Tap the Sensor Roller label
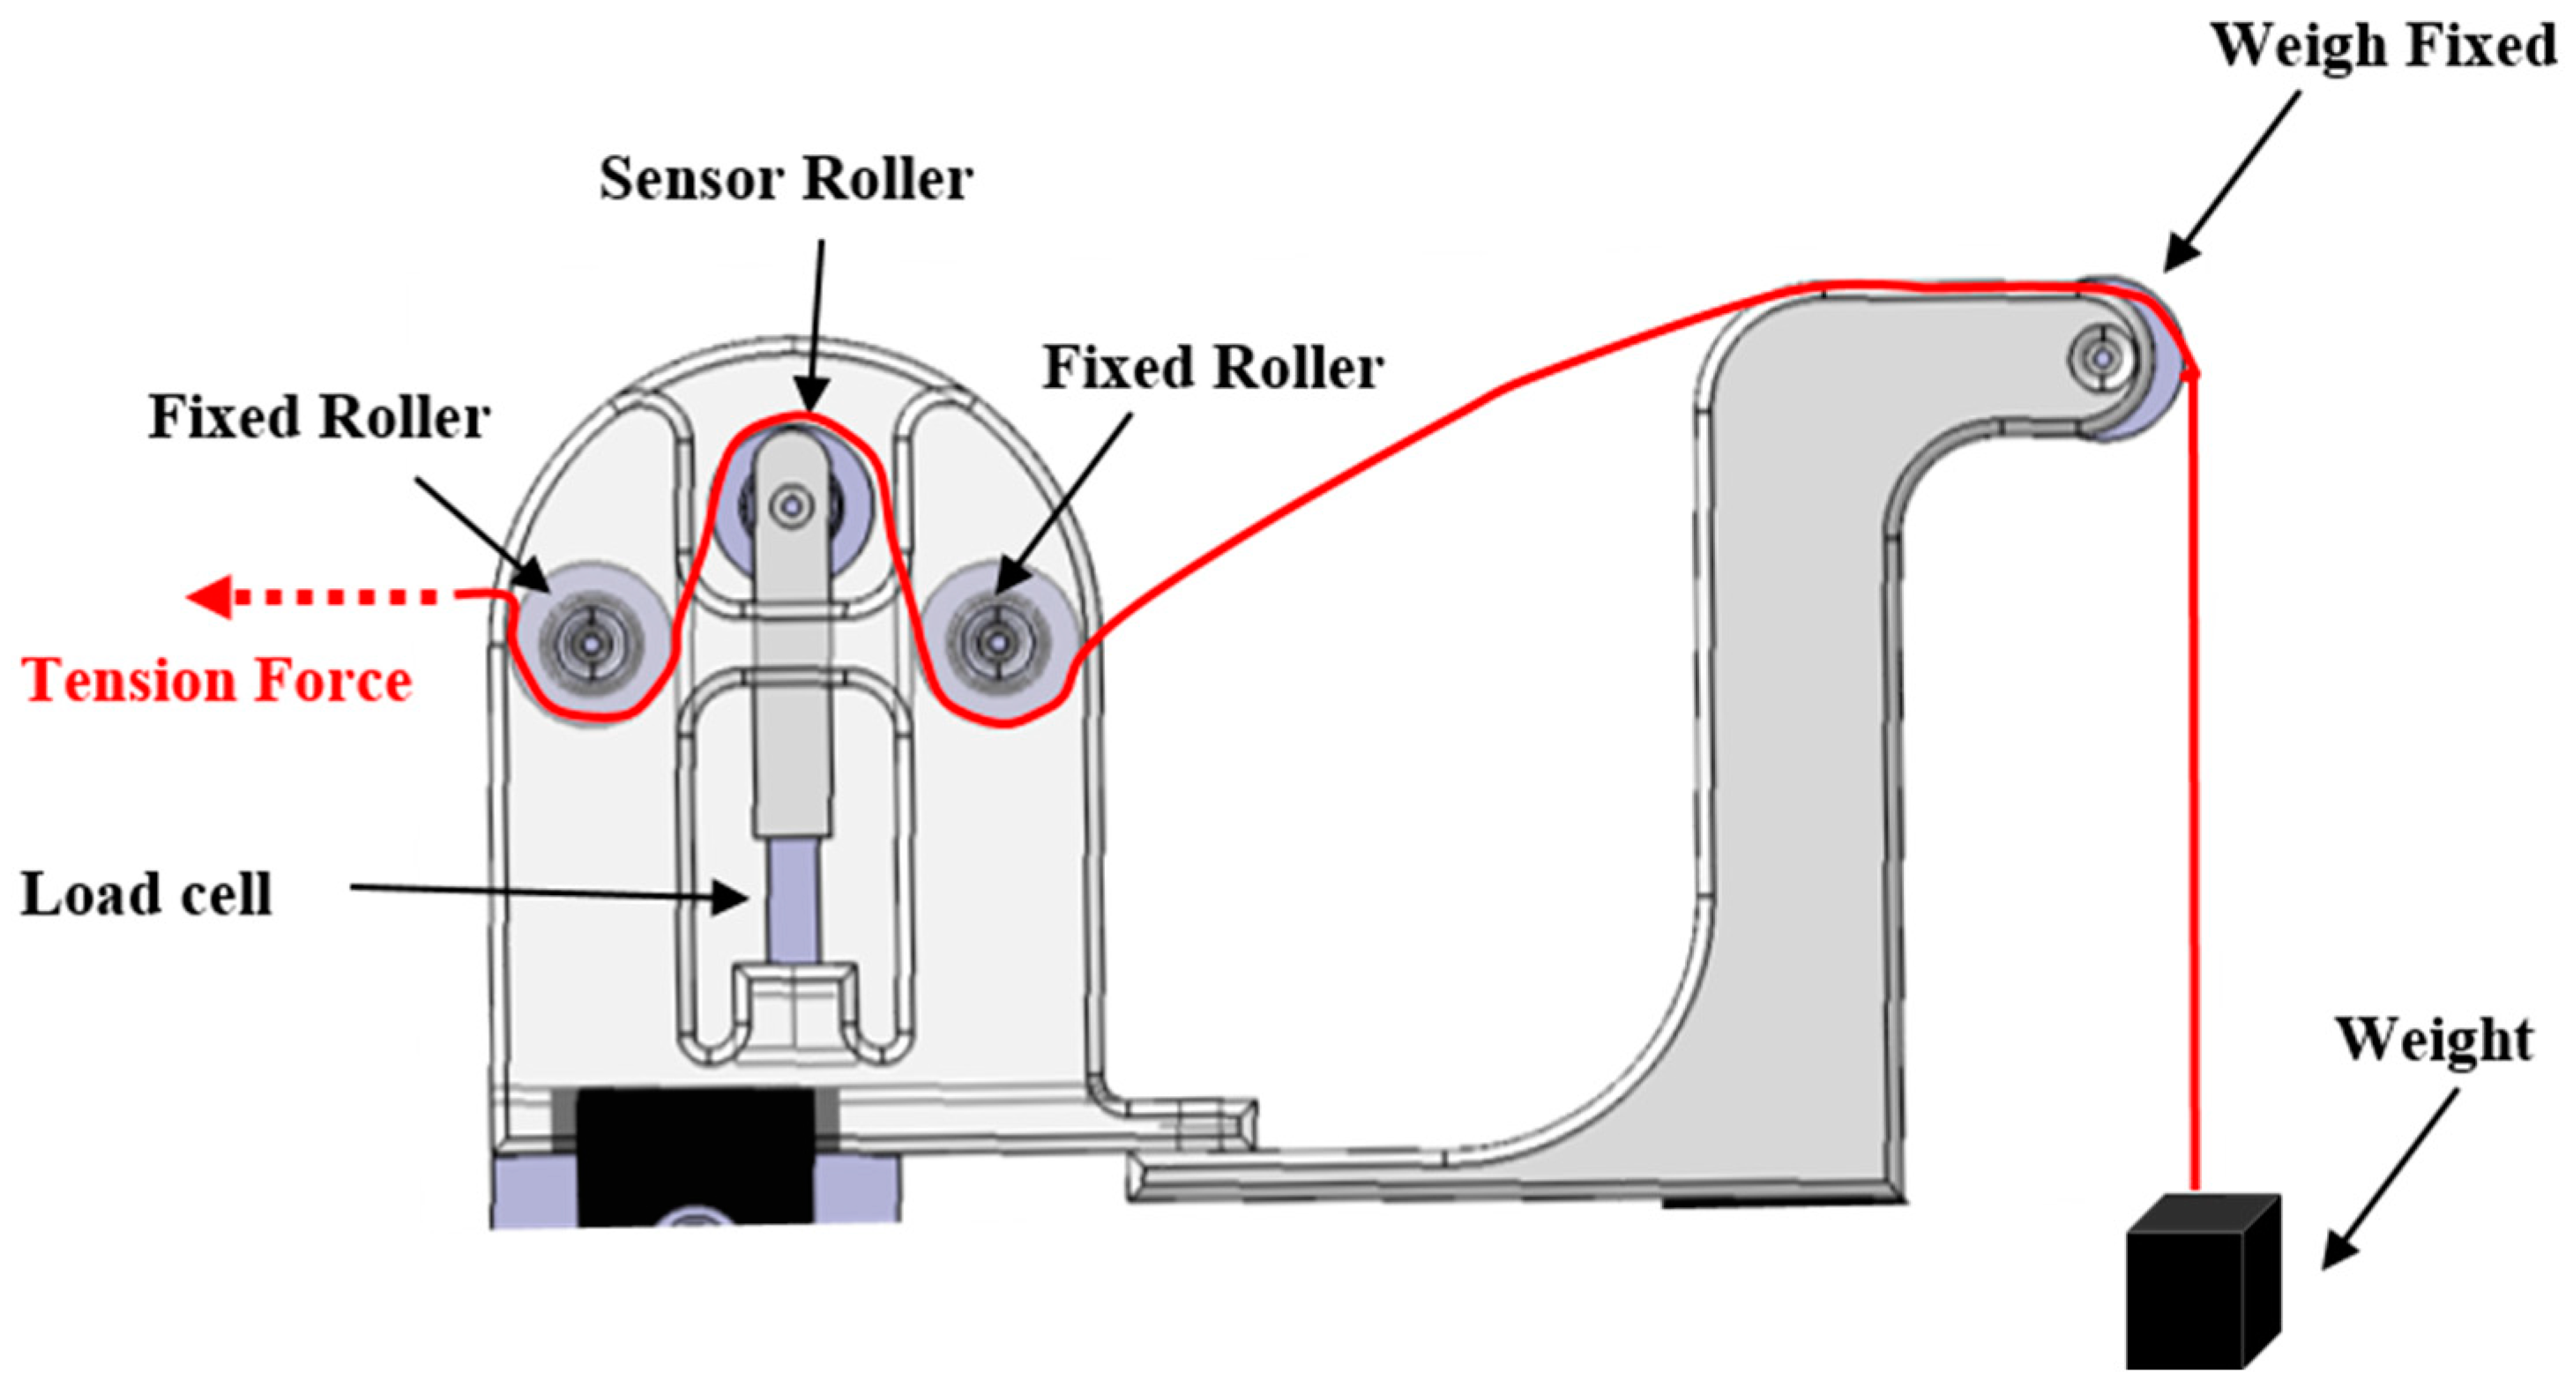tap(785, 180)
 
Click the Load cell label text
tap(147, 893)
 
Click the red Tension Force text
tap(218, 681)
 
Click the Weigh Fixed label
tap(2383, 46)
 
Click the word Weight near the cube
tap(2435, 1040)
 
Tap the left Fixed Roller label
tap(318, 416)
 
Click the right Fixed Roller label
tap(1212, 368)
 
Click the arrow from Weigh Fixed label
tap(2234, 180)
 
